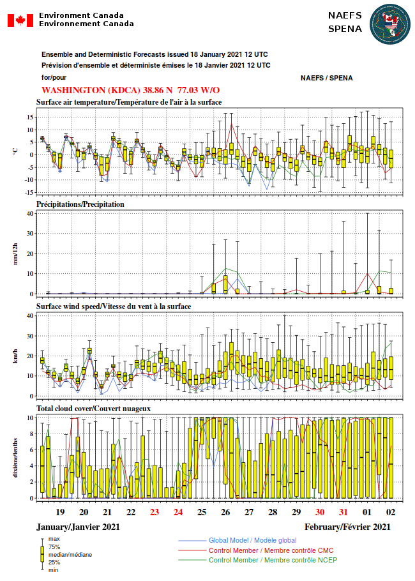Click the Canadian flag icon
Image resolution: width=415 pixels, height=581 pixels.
20,20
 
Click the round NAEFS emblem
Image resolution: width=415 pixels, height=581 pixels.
390,24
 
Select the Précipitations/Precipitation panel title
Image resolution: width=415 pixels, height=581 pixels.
80,204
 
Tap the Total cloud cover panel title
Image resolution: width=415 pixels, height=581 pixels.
93,409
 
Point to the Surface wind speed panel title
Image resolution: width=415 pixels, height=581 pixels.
114,306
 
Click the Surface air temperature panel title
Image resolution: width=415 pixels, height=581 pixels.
129,102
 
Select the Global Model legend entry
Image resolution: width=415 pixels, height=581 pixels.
252,541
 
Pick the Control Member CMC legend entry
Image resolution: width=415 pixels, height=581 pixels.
271,550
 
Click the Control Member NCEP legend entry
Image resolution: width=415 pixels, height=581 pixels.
273,561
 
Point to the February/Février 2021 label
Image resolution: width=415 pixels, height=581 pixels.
347,527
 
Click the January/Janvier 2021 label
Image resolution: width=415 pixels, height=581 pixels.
78,527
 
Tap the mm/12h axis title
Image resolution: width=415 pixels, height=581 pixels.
15,254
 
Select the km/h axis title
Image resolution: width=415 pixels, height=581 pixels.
15,356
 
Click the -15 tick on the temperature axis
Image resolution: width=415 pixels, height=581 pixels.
29,193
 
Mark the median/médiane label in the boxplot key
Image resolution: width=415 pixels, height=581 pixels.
70,555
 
